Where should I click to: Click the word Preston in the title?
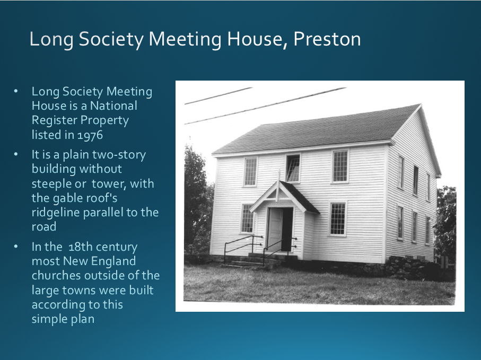(327, 39)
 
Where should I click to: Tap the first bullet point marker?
(16, 91)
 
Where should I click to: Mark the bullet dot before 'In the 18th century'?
(16, 247)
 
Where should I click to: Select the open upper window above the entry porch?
(293, 169)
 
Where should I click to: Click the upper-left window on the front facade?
(250, 172)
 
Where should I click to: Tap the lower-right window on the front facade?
(338, 218)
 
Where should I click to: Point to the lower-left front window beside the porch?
(247, 218)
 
